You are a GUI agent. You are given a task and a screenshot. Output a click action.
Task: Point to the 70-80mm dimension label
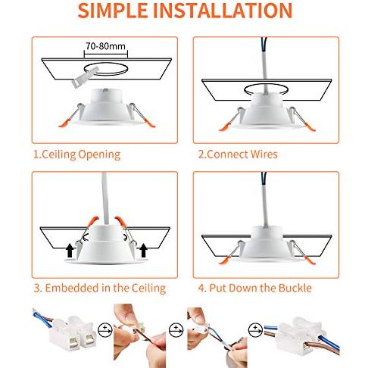click(x=105, y=46)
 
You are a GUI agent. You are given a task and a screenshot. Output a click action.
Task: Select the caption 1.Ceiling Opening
click(x=76, y=154)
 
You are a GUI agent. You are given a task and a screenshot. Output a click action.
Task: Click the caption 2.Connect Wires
click(x=238, y=154)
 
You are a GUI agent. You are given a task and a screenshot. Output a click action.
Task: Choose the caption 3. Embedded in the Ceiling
click(x=98, y=288)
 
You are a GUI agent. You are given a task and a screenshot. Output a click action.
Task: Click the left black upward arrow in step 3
click(x=70, y=248)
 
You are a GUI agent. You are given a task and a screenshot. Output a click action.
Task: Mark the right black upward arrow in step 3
click(x=143, y=248)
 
